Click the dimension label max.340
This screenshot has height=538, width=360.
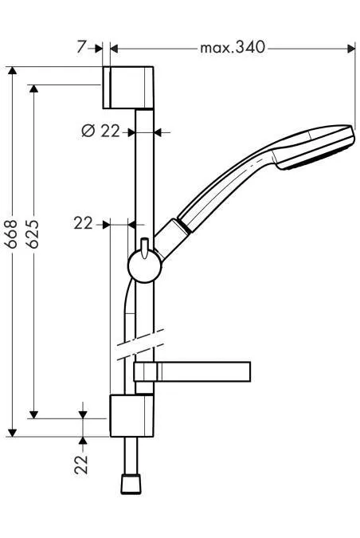click(233, 47)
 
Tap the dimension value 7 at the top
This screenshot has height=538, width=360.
click(81, 47)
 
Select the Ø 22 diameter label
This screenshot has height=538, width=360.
click(101, 131)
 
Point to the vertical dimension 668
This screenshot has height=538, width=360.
click(12, 234)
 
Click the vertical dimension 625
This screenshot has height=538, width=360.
click(33, 234)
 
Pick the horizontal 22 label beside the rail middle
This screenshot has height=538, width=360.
click(84, 223)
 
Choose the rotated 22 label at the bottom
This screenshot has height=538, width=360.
click(81, 465)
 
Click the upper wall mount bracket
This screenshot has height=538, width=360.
click(128, 88)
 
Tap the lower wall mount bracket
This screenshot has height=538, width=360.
click(131, 416)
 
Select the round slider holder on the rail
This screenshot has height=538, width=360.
click(145, 267)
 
